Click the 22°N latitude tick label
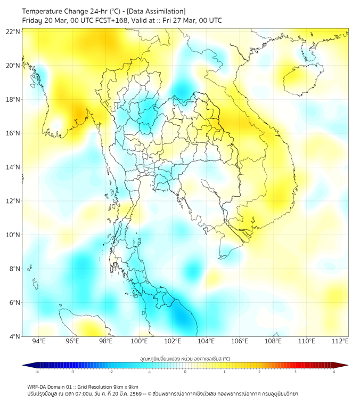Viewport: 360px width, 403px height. (13, 31)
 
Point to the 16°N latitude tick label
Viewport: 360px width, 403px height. (13, 133)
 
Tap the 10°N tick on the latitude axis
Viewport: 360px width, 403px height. (13, 235)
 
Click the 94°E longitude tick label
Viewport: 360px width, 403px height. (39, 342)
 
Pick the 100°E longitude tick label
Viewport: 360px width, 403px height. (140, 342)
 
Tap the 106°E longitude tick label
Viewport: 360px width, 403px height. (240, 342)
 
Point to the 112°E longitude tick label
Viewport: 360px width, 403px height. (340, 342)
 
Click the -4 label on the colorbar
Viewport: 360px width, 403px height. (37, 372)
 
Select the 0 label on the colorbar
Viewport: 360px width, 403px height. (185, 372)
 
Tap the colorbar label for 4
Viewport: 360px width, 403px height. (334, 372)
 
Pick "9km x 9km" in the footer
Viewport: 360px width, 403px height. (125, 387)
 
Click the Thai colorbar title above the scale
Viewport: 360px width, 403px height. (185, 359)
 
